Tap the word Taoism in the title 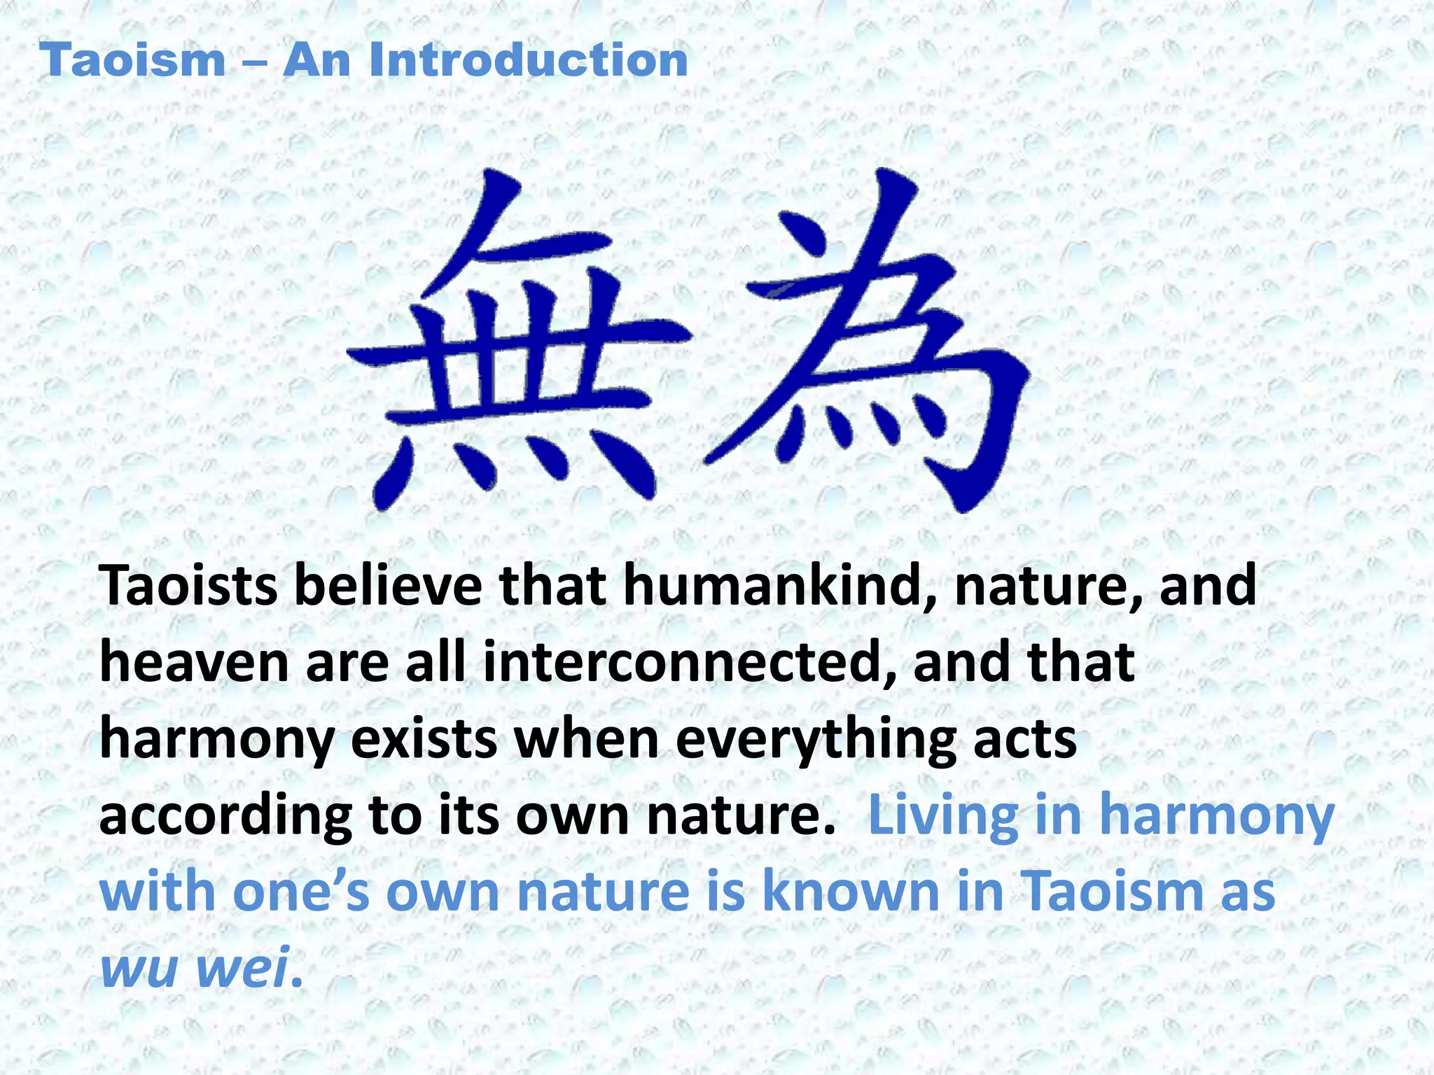pos(132,60)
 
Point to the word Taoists pos(189,586)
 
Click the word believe pos(387,586)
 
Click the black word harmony pos(217,741)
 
